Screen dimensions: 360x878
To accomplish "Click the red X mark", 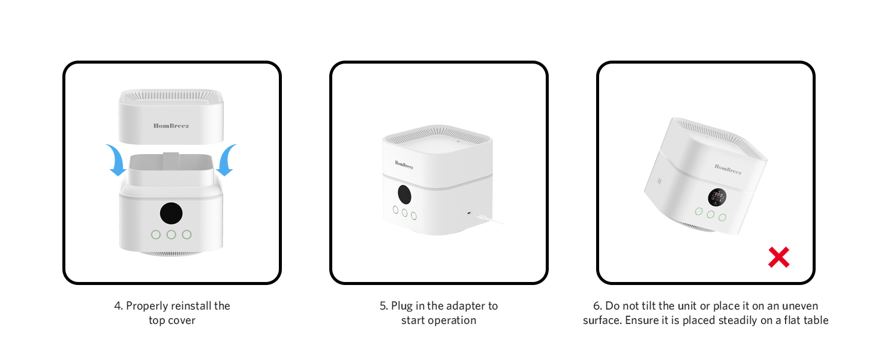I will click(x=778, y=257).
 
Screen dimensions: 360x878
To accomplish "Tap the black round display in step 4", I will click(x=171, y=213).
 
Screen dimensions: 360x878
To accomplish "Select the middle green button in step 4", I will click(x=171, y=235).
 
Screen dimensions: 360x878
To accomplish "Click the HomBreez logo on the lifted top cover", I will click(x=171, y=125).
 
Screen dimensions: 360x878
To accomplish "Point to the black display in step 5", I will click(x=404, y=194).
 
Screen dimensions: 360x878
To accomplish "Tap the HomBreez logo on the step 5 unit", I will click(x=404, y=164).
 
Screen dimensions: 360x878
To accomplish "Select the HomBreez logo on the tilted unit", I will click(x=727, y=169).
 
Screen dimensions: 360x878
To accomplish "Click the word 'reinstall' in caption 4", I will click(x=185, y=306).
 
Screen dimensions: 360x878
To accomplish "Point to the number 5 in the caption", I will click(x=383, y=306).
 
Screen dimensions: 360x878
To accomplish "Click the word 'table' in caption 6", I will click(x=814, y=320).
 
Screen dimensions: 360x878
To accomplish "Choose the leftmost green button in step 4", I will click(x=155, y=235).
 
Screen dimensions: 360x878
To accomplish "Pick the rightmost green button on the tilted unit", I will click(x=722, y=217).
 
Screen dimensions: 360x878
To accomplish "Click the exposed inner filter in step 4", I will click(x=171, y=169).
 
